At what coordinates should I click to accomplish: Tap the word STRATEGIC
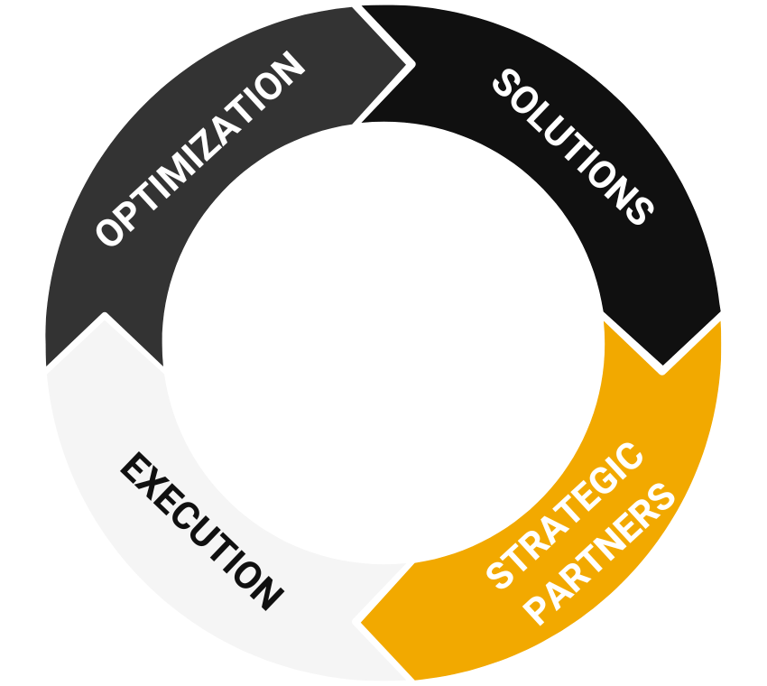coord(567,514)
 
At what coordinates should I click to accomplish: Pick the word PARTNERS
coord(600,555)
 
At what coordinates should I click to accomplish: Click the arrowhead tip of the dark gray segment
coord(411,65)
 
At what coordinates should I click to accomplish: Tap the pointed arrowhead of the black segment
coord(663,366)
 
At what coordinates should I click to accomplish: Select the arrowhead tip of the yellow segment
coord(359,621)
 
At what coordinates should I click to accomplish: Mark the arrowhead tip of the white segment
coord(105,318)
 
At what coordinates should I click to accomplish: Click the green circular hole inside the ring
coord(383,343)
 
